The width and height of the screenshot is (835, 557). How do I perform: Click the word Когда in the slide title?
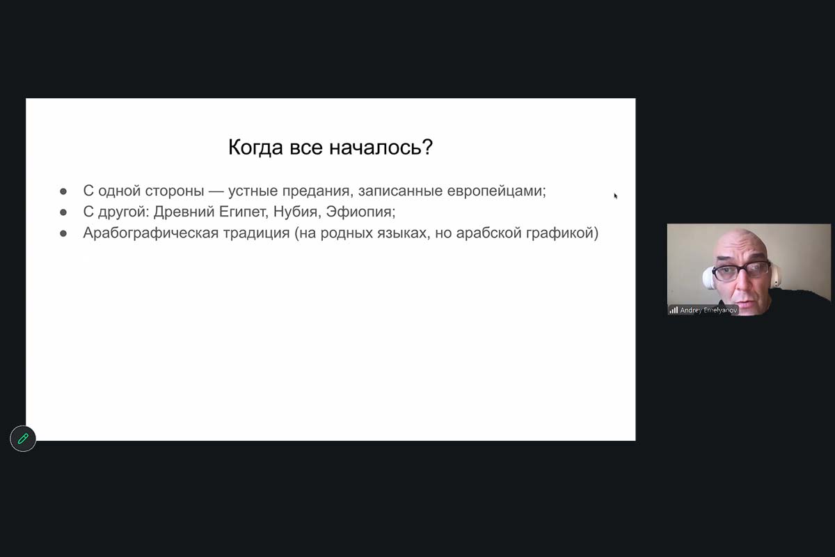pos(255,148)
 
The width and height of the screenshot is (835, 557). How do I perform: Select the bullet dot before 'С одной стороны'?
pos(63,191)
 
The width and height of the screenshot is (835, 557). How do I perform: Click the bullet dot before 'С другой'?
pos(63,212)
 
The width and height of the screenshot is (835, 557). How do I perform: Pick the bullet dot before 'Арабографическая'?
pos(63,233)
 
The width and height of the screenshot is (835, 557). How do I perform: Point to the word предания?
pos(316,191)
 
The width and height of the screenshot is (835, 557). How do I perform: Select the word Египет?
pos(242,212)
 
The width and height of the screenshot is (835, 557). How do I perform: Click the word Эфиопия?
pos(358,212)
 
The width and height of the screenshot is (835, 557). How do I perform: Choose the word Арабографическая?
pos(151,233)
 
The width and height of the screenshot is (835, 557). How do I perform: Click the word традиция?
pos(257,233)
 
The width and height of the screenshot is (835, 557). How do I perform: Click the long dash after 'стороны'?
pos(216,191)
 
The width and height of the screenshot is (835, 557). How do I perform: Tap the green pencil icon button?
pos(23,439)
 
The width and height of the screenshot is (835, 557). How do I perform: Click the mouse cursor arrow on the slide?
pos(615,196)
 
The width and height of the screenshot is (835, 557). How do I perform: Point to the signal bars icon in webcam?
pos(674,310)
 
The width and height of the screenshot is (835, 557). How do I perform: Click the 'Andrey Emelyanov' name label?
pos(708,310)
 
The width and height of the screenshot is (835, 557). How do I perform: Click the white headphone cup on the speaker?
pos(708,278)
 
